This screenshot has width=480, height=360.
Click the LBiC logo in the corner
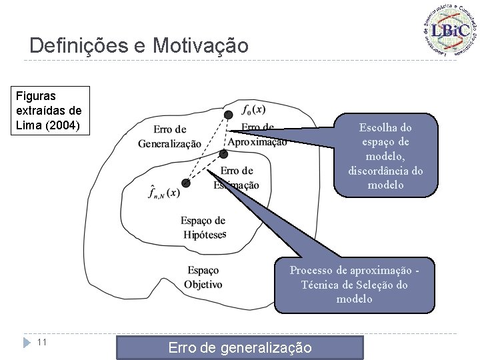tap(449, 30)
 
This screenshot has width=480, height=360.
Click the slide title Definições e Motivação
tap(139, 46)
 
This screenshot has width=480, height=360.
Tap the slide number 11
tap(41, 342)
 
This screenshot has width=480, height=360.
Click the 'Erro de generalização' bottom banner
tap(239, 347)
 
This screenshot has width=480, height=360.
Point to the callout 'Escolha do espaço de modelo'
tap(385, 155)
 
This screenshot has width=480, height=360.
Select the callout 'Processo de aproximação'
tap(354, 285)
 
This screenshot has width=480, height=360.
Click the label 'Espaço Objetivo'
tap(203, 277)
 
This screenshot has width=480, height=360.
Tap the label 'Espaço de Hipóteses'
tap(203, 227)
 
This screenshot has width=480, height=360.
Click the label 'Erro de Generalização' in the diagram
tap(169, 136)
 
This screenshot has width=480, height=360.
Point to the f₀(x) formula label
tap(253, 109)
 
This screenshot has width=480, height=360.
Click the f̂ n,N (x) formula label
tap(163, 192)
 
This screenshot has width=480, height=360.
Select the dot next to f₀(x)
tap(229, 115)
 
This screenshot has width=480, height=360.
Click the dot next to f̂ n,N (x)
tap(186, 183)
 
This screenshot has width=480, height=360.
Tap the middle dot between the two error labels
tap(223, 154)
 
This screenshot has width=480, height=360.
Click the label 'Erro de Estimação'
tap(237, 178)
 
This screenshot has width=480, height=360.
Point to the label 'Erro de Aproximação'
tap(257, 134)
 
